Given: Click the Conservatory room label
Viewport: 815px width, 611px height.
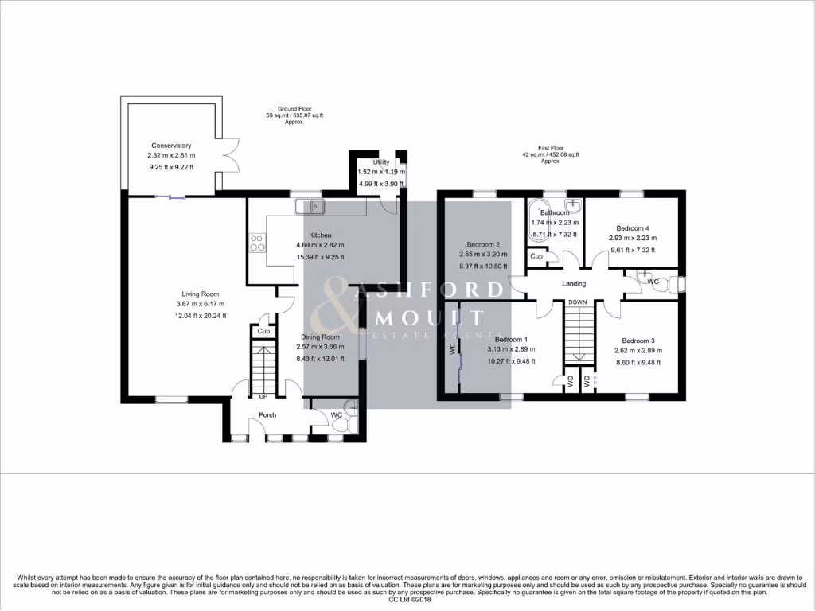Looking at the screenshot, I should [171, 146].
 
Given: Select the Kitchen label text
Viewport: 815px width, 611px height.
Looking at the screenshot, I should [320, 235].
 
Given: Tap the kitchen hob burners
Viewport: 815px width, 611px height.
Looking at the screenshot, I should [257, 242].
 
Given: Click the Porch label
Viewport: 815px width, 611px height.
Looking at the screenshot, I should [267, 415].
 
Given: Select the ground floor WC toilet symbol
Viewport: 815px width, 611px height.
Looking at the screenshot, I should [340, 427].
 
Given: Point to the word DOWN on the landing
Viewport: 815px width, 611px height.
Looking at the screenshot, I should [578, 302].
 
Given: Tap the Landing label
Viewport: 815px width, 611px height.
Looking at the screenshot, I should [574, 283].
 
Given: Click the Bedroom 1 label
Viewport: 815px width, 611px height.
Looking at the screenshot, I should [509, 338].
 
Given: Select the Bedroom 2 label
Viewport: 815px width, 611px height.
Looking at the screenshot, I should [484, 244].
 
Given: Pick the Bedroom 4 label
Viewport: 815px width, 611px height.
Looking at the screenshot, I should [632, 228].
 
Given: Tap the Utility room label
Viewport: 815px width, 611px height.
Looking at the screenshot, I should [381, 162].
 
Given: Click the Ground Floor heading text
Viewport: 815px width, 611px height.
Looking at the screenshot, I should [294, 108].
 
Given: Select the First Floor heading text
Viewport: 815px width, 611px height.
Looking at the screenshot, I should [550, 147].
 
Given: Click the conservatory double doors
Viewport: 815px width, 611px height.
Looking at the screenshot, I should [231, 155].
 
